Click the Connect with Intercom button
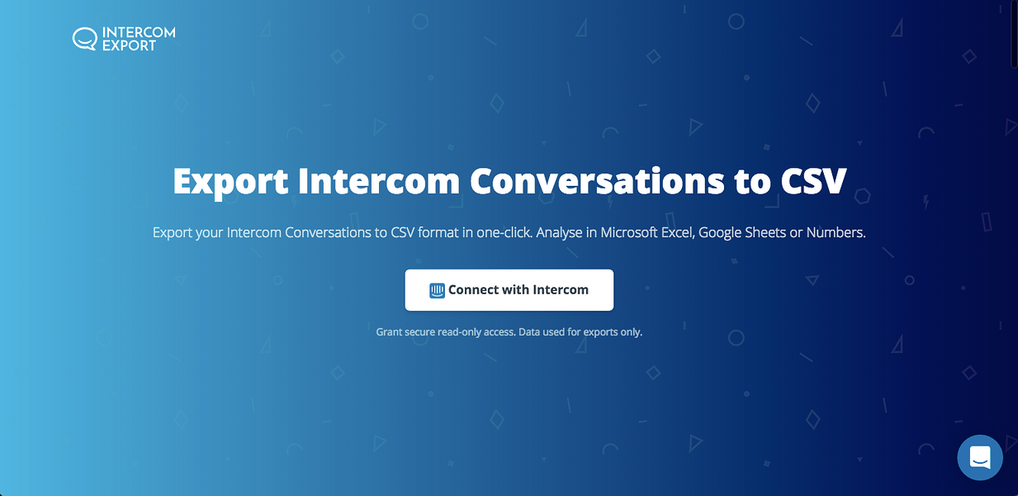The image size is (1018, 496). click(x=509, y=290)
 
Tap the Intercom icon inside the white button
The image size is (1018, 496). click(x=437, y=291)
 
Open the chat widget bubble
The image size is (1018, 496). click(x=980, y=457)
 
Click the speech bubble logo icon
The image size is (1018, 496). click(x=84, y=39)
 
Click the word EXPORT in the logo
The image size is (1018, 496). click(x=129, y=46)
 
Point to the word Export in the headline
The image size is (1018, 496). click(x=230, y=181)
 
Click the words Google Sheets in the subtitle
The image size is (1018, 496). click(x=741, y=232)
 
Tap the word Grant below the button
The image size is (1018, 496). click(x=390, y=332)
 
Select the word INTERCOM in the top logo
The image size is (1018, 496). click(x=139, y=33)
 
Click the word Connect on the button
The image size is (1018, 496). click(x=473, y=290)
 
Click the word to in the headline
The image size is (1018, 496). click(x=750, y=181)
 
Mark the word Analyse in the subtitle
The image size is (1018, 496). click(x=561, y=232)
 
